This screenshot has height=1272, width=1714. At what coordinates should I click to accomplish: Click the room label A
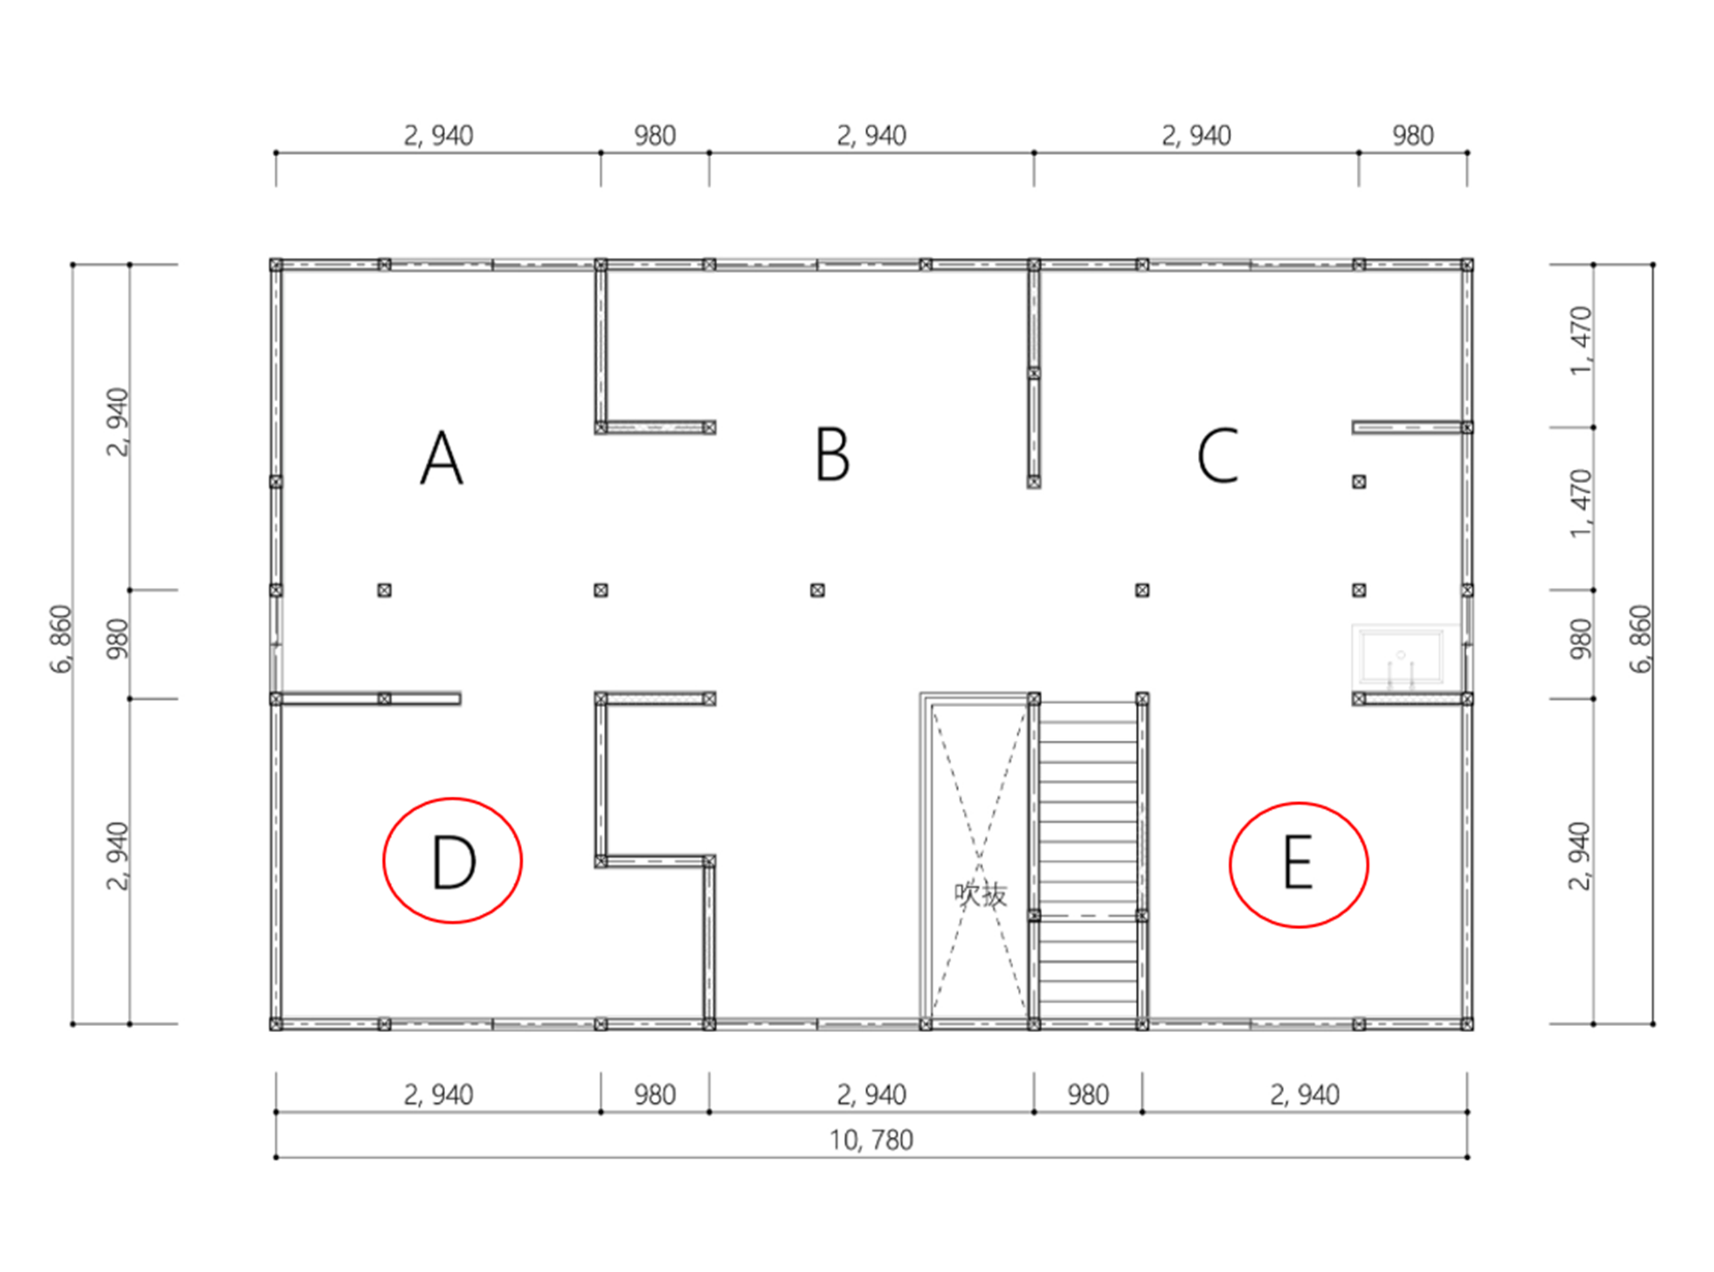(x=441, y=457)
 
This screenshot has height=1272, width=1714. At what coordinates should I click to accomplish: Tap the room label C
(x=1218, y=456)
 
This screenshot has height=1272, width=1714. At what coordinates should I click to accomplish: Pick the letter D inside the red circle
(x=453, y=861)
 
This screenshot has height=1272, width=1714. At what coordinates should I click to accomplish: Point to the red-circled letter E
(x=1297, y=863)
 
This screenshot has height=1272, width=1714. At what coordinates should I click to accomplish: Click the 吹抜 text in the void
(x=980, y=895)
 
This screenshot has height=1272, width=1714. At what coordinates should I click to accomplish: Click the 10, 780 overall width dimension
(x=871, y=1140)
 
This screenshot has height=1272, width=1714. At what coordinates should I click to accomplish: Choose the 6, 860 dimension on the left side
(x=61, y=639)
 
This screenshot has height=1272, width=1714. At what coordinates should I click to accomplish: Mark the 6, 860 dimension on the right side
(x=1640, y=639)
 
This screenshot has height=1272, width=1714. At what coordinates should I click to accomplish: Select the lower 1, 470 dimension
(x=1580, y=504)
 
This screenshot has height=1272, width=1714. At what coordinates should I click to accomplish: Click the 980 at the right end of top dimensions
(x=1412, y=136)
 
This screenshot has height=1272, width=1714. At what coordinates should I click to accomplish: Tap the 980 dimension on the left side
(x=117, y=639)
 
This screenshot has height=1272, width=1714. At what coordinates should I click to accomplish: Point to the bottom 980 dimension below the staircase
(x=1087, y=1095)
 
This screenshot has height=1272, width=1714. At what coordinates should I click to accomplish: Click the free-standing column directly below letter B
(x=817, y=591)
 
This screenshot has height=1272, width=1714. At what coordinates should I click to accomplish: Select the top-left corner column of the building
(x=276, y=265)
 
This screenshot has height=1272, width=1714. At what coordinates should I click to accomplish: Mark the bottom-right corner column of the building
(x=1467, y=1024)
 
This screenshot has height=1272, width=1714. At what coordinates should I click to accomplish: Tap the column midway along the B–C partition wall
(x=1034, y=372)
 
